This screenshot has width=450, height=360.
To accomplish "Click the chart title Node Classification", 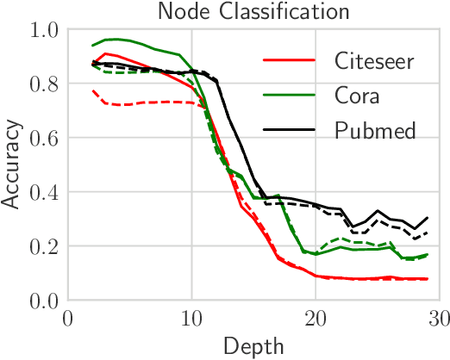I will pyautogui.click(x=253, y=11).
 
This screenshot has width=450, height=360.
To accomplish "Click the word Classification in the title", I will pyautogui.click(x=285, y=11).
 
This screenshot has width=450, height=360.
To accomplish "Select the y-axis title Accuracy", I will pyautogui.click(x=11, y=164).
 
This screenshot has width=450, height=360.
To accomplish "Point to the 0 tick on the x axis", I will pyautogui.click(x=67, y=320).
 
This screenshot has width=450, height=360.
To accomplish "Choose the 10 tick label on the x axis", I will pyautogui.click(x=191, y=320).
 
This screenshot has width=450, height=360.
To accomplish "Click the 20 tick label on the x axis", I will pyautogui.click(x=316, y=320).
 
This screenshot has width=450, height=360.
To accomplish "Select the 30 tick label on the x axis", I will pyautogui.click(x=439, y=320).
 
